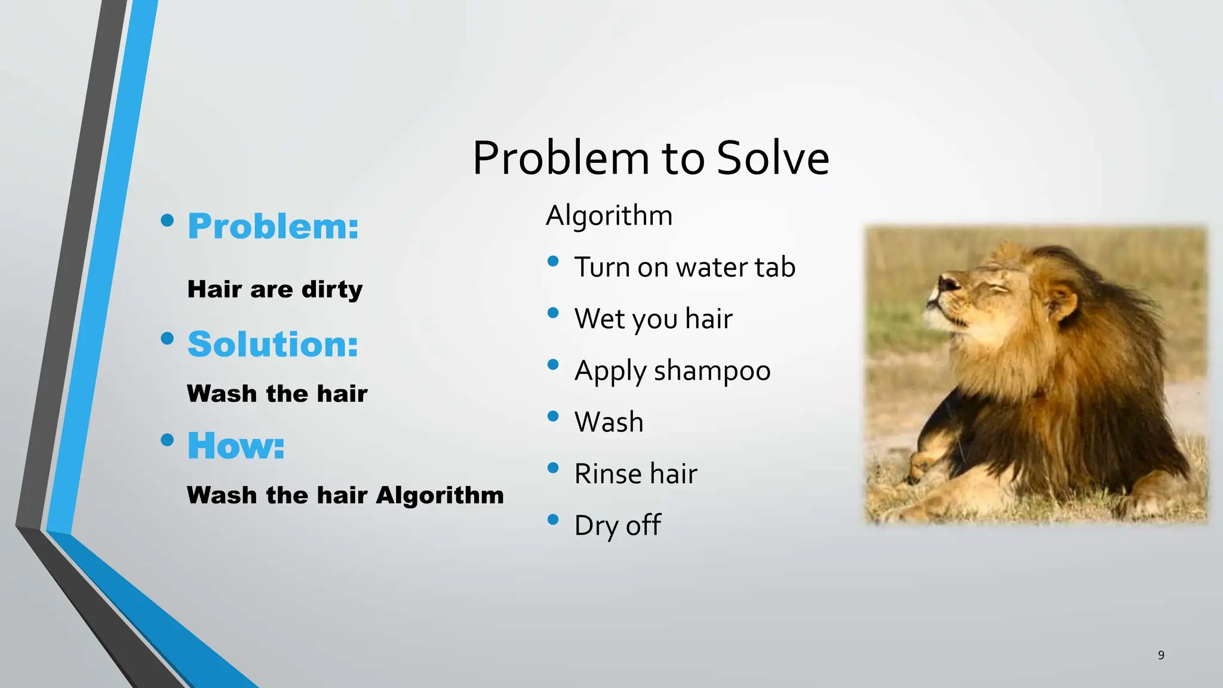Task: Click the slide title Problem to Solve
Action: pos(650,158)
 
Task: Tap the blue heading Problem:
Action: pos(273,227)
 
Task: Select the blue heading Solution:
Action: pos(273,345)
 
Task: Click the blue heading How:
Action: pos(236,446)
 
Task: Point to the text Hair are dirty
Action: pos(275,290)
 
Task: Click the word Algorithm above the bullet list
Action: pos(609,216)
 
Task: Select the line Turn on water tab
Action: pos(684,267)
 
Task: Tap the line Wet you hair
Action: pos(653,319)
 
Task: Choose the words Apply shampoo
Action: pos(672,371)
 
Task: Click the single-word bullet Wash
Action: pos(609,422)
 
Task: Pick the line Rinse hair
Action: pos(635,474)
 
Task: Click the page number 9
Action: pos(1161,655)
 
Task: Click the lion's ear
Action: pos(1062,299)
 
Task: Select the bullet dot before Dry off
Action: pos(553,520)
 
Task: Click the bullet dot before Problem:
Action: pos(167,221)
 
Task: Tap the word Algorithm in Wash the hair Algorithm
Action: pos(440,496)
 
